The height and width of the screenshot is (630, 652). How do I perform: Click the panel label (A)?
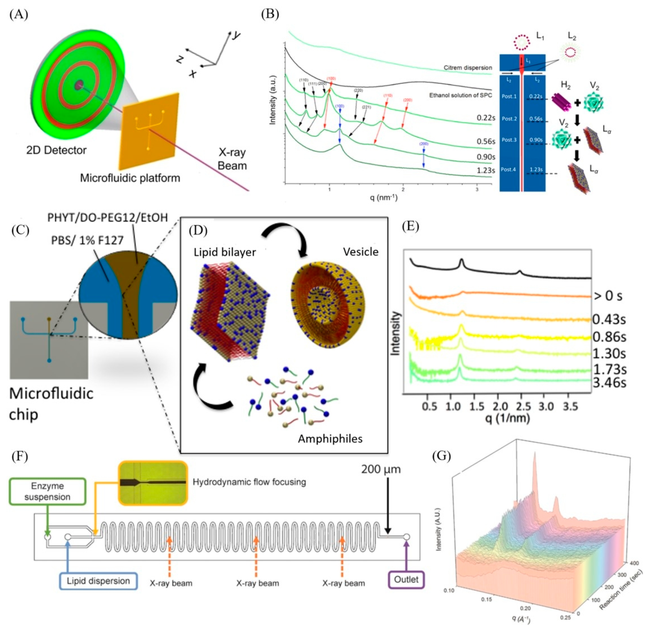click(19, 15)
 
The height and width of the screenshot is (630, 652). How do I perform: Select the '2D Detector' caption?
click(57, 150)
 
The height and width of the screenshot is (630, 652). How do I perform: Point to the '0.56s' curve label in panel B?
click(486, 141)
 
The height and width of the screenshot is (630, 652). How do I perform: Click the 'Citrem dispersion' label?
click(467, 68)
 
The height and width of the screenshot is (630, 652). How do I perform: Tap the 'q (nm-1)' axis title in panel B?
click(384, 198)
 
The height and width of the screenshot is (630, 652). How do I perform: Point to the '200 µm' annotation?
click(381, 469)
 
